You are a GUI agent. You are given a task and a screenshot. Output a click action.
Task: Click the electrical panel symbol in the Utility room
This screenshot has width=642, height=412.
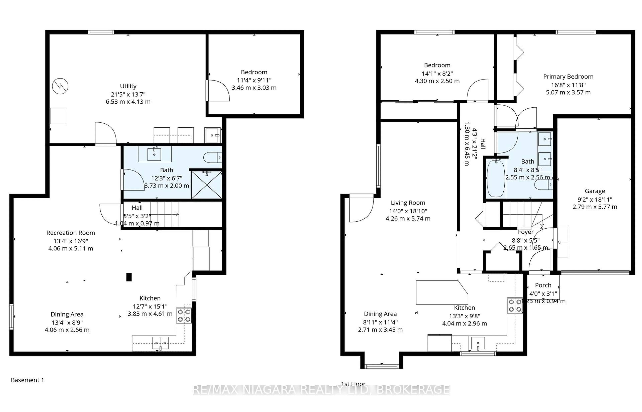click(x=60, y=86)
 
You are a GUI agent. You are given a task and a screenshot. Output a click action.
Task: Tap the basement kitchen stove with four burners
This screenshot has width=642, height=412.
click(x=184, y=316)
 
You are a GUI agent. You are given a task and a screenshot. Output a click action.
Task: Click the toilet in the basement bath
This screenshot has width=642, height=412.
click(x=212, y=158)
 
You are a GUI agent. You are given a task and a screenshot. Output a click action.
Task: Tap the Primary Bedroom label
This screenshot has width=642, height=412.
click(x=568, y=77)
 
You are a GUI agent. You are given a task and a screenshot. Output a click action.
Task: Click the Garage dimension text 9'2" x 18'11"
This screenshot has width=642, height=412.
click(x=595, y=199)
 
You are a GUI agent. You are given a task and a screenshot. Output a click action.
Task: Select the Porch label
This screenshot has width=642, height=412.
click(x=543, y=285)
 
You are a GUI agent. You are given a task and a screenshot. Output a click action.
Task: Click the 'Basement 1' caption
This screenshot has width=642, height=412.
click(x=27, y=380)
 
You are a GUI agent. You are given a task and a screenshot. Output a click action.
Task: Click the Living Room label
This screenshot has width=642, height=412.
click(x=408, y=203)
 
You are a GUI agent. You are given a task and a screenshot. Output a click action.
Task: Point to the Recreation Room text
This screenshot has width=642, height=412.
click(x=71, y=233)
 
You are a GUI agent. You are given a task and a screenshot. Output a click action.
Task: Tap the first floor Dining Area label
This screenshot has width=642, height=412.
click(x=380, y=314)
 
